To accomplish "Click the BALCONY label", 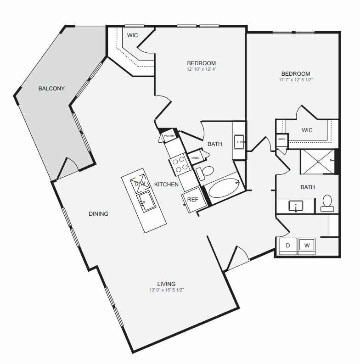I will click(x=51, y=88).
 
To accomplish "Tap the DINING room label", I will click(x=99, y=213).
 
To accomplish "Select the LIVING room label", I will click(x=166, y=284).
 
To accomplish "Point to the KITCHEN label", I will click(x=166, y=184).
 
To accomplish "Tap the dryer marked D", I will click(x=288, y=246).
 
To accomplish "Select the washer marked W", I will click(x=307, y=246).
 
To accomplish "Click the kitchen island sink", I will click(x=146, y=201).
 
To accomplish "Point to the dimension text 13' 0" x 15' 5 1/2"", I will click(x=166, y=290).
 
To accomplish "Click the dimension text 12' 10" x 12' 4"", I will click(x=201, y=69).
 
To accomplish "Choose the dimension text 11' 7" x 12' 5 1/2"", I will click(x=295, y=80).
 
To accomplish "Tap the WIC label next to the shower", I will click(x=307, y=130).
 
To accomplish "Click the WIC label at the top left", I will click(x=133, y=35).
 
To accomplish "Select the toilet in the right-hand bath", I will click(x=327, y=202).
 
